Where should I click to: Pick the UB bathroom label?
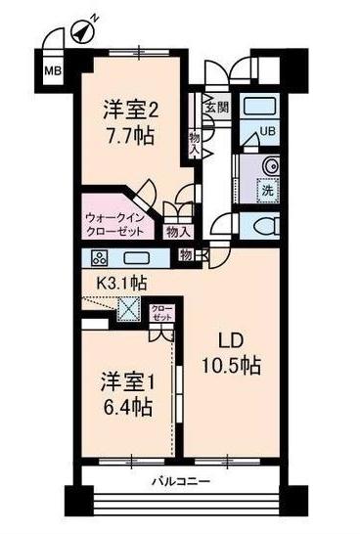click(266, 135)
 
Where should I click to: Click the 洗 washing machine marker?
click(266, 191)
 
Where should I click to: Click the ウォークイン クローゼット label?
click(115, 224)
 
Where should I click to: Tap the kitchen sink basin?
click(135, 259)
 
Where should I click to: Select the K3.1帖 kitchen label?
click(120, 283)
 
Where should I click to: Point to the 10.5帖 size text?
click(231, 368)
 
